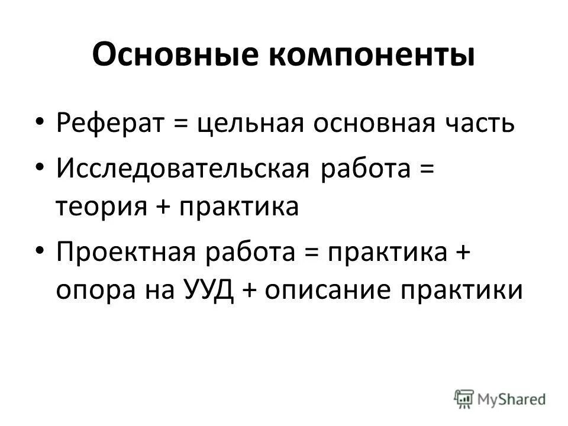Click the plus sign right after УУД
250,292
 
